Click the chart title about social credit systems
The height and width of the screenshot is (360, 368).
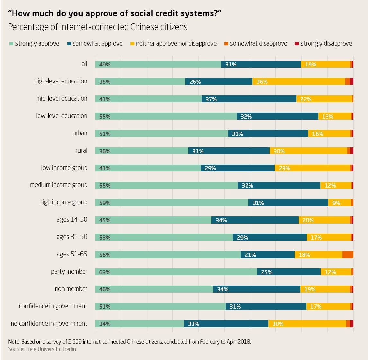115,13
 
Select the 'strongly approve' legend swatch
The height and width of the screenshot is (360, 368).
11,43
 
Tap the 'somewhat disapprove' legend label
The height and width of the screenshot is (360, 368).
258,43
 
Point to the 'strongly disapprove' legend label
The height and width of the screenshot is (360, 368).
326,43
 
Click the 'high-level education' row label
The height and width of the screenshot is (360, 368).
61,81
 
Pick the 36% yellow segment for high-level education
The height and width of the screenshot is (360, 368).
298,82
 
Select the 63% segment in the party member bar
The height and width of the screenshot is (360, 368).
176,272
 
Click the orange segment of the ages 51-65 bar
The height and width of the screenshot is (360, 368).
347,255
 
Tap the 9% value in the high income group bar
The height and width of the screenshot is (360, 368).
336,203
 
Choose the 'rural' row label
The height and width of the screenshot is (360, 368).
81,150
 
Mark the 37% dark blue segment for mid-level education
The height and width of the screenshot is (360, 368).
249,99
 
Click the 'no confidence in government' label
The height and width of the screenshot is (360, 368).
49,323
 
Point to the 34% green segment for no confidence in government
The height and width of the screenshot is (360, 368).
139,324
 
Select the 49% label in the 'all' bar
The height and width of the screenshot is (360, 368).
105,65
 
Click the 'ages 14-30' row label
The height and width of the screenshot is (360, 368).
72,220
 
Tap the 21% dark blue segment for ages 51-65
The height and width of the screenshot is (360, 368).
267,255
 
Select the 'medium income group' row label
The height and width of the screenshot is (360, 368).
58,185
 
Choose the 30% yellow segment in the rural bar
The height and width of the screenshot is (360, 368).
308,151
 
